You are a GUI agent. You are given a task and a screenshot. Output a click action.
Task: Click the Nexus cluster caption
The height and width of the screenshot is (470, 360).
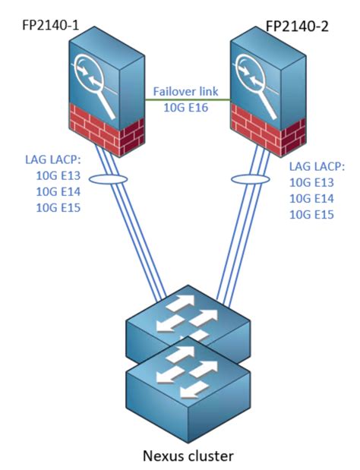tap(188, 456)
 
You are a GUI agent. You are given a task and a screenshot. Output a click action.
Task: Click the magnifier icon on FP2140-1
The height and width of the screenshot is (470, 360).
tap(91, 76)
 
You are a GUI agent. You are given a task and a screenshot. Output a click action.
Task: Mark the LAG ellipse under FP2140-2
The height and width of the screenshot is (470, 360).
tap(245, 180)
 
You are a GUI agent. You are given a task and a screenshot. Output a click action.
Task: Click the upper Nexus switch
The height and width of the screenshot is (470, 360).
tap(188, 326)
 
